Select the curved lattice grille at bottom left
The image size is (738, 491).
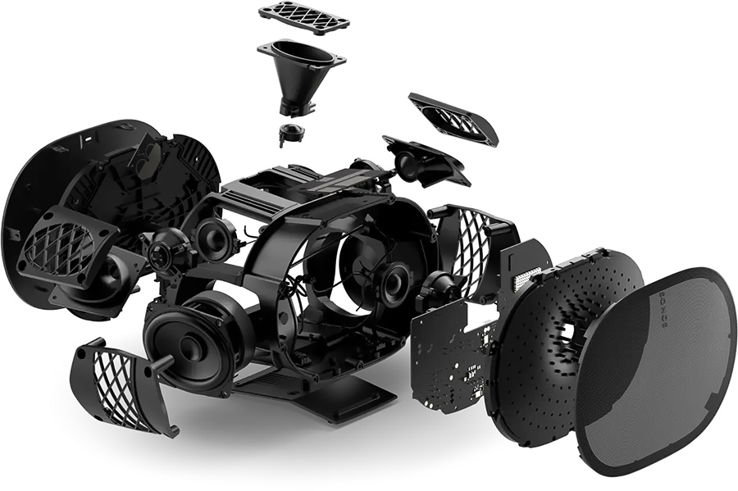(121, 377)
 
